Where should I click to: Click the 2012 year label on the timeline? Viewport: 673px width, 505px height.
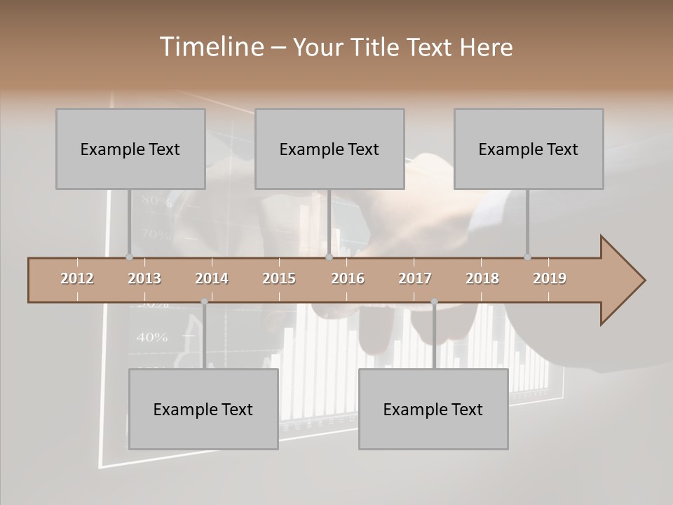coord(77,278)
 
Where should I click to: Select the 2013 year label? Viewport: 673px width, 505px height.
coord(144,278)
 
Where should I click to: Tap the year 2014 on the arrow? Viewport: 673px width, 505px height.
coord(212,278)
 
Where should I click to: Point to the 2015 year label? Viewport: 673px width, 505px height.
coord(279,278)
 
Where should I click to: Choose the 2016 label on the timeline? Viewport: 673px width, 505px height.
coord(348,278)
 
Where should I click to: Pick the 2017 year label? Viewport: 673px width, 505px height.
coord(415,278)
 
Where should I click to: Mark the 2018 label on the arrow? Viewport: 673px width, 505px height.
coord(482,278)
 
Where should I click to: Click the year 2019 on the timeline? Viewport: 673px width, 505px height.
coord(550,278)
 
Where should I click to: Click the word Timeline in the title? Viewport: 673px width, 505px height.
coord(210,47)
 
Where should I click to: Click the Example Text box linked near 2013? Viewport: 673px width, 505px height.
coord(130,149)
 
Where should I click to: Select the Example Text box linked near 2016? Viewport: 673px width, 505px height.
coord(329,149)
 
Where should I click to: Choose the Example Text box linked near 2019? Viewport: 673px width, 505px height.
coord(529,149)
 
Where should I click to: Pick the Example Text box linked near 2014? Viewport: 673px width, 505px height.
coord(203,409)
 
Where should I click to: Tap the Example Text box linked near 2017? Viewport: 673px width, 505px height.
coord(433,409)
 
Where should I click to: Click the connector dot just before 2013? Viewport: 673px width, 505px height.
coord(129,257)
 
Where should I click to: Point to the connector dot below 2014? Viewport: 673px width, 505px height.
coord(204,302)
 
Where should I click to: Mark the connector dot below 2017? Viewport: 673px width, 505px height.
coord(434,302)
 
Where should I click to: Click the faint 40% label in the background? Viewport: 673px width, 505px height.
coord(152,337)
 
